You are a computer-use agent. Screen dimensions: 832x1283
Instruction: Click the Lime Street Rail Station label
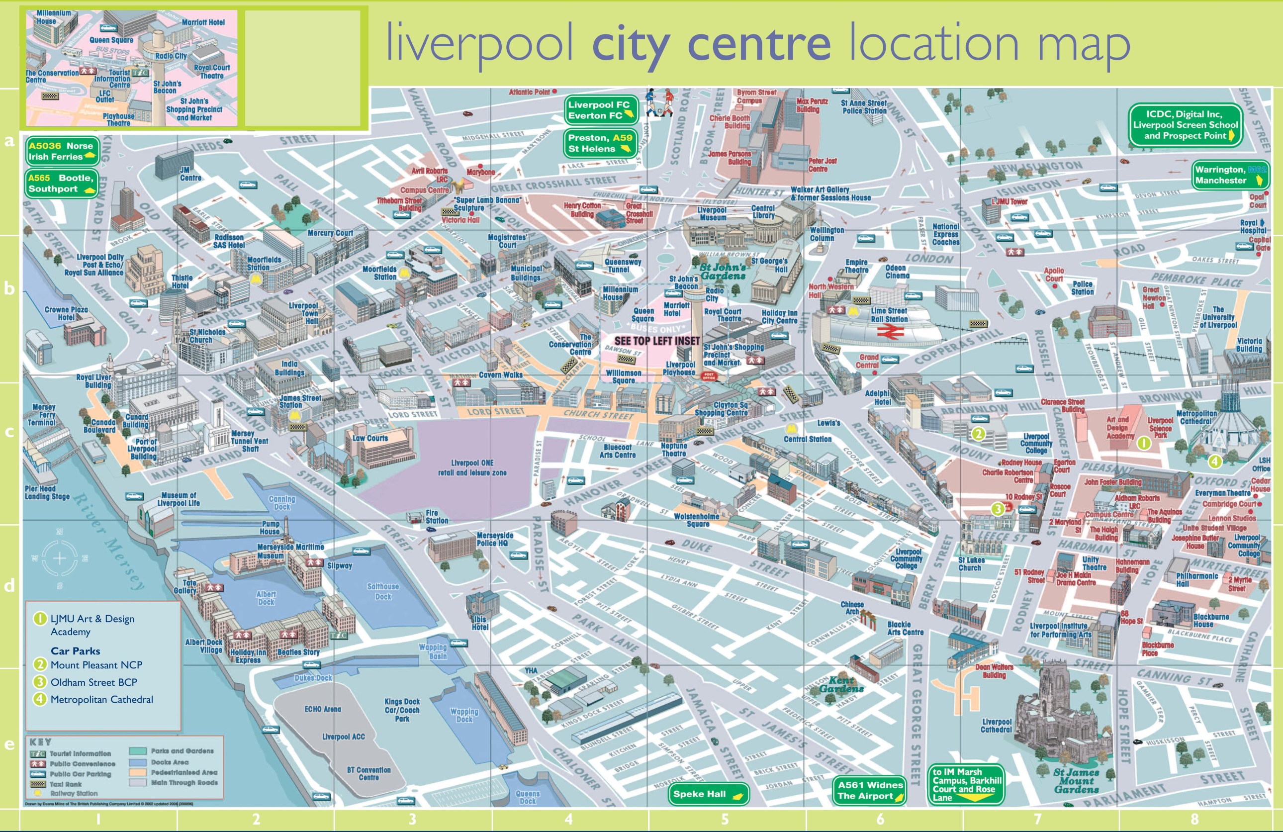tap(890, 315)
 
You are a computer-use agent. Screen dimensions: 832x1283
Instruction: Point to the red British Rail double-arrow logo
tap(890, 333)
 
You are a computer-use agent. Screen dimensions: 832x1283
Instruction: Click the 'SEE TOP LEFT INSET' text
tap(656, 341)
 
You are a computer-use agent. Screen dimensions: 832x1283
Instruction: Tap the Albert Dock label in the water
tap(266, 597)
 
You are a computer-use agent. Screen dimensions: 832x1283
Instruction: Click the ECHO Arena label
tap(322, 709)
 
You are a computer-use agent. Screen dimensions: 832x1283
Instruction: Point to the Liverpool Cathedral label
tap(996, 725)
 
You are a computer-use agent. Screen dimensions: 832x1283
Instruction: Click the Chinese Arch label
tap(852, 608)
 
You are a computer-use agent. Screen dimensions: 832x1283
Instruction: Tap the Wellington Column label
tap(826, 234)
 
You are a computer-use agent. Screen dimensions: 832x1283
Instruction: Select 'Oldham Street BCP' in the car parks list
tap(93, 682)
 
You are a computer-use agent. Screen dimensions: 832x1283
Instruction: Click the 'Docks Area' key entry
tap(169, 762)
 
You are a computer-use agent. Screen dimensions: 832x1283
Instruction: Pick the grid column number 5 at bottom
tap(725, 819)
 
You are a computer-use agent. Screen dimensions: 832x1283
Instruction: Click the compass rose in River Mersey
tap(59, 558)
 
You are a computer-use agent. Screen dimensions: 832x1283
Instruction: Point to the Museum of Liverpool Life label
tap(179, 499)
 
